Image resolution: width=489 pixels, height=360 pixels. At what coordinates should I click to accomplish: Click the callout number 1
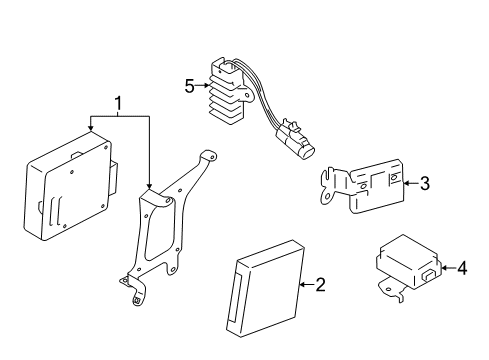pos(120,103)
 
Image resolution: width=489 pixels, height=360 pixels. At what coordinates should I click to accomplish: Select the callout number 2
pos(320,286)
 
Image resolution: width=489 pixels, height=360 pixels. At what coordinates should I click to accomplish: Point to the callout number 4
pos(461,268)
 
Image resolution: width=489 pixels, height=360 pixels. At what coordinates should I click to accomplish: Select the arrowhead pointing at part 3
pos(407,183)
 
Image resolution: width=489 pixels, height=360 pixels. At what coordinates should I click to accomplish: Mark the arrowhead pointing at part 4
pos(444,268)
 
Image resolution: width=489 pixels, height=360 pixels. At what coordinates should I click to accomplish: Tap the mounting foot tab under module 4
pos(387,293)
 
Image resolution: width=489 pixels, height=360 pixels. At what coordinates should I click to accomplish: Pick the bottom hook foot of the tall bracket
pos(135,297)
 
